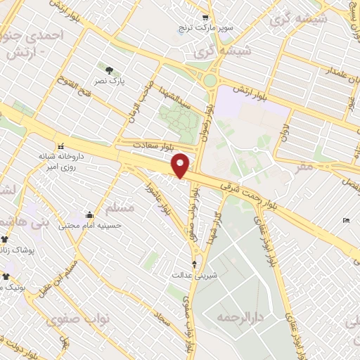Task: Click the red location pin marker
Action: (x=181, y=165)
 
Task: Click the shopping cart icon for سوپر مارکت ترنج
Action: (x=205, y=18)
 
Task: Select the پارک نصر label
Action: (x=111, y=82)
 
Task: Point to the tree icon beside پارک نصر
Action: (x=110, y=70)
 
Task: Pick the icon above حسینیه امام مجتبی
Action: (x=89, y=214)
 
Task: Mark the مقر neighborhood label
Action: (x=304, y=167)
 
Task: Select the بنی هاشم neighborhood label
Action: (x=13, y=221)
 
